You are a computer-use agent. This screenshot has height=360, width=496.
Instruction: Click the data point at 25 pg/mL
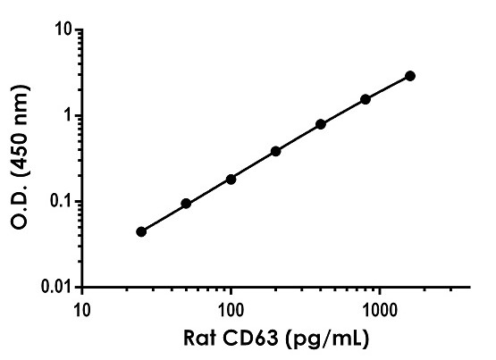point(141,231)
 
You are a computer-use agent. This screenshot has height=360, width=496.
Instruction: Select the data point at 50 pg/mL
point(186,204)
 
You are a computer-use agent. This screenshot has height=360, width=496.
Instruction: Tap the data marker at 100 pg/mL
point(231,179)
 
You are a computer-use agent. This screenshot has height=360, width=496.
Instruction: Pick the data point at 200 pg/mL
point(275,151)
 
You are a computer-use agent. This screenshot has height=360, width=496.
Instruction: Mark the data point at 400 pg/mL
point(321,124)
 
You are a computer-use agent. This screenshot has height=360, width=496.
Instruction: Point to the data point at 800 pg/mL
point(366,99)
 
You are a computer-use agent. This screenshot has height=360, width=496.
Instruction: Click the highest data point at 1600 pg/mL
point(410,76)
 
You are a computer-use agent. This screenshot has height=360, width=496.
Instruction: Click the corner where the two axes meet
point(82,288)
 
